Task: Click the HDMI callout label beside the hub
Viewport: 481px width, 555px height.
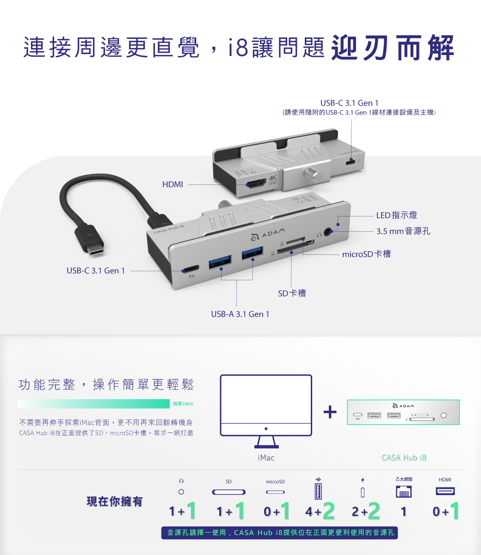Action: coord(173,185)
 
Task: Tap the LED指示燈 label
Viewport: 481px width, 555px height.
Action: coord(397,215)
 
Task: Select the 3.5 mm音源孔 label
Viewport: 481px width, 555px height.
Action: coord(403,231)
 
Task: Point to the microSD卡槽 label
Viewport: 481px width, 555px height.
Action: coord(366,254)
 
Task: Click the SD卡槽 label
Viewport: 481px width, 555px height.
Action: coord(292,293)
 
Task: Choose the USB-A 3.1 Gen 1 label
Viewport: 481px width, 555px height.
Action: coord(240,314)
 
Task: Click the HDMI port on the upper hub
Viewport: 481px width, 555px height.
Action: coord(256,184)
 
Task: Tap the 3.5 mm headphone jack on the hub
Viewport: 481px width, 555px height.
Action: coord(327,231)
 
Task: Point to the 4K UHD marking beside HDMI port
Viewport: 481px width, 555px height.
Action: coord(272,180)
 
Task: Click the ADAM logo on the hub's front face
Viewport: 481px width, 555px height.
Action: coord(268,234)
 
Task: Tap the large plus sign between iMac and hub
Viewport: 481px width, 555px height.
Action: coord(330,412)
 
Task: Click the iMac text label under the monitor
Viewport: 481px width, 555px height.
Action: coord(266,457)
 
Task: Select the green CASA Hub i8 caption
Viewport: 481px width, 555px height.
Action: coord(404,457)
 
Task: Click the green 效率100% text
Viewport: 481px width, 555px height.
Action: coord(183,404)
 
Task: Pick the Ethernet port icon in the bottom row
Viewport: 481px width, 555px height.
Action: coord(404,492)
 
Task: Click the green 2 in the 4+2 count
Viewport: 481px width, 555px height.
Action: coord(329,511)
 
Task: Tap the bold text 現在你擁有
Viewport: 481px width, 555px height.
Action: coord(114,501)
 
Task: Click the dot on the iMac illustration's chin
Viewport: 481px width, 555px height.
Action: coord(266,429)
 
